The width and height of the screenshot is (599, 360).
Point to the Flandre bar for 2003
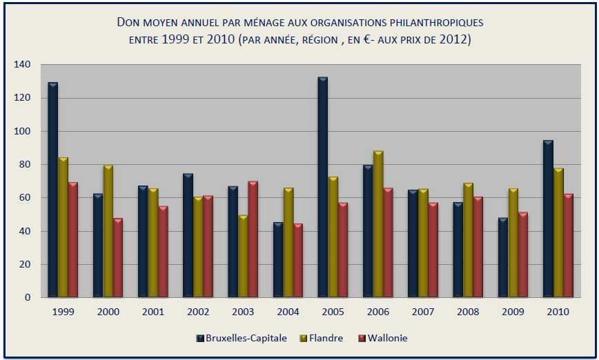[243, 257]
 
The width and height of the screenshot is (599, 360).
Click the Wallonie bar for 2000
[118, 258]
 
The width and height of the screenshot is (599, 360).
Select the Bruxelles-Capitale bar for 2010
[547, 219]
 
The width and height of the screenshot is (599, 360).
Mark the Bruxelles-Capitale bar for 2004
[277, 260]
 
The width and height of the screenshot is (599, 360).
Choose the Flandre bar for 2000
[108, 232]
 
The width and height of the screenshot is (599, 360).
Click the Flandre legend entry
[323, 338]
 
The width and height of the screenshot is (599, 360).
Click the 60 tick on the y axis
[25, 198]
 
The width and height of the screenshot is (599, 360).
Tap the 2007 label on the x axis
[423, 312]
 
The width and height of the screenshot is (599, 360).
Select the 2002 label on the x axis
[198, 312]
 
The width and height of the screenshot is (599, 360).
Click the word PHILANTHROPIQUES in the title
[429, 23]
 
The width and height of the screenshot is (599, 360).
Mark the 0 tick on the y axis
[28, 298]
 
